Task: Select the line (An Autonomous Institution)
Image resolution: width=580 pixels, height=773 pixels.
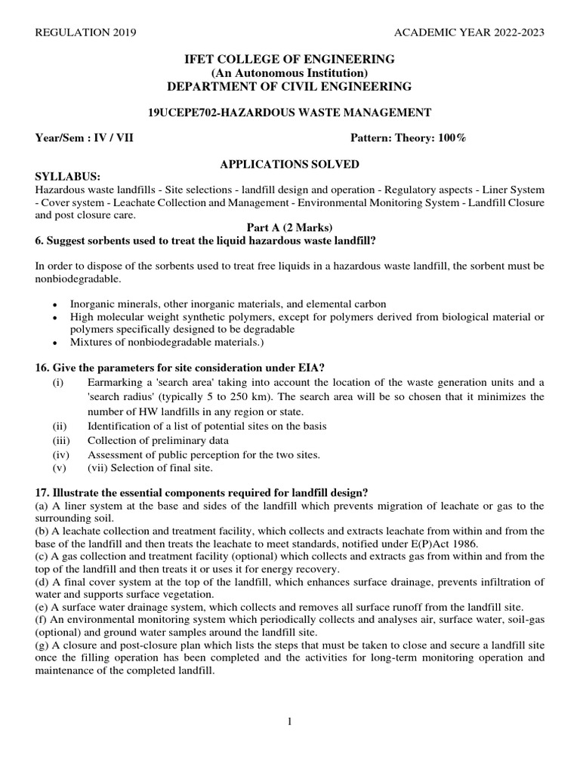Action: pos(289,72)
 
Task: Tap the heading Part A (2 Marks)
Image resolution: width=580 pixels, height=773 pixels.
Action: pos(289,227)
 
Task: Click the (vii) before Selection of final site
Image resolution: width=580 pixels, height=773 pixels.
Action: pos(99,468)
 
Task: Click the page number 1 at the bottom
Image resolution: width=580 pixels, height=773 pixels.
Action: pos(289,722)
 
